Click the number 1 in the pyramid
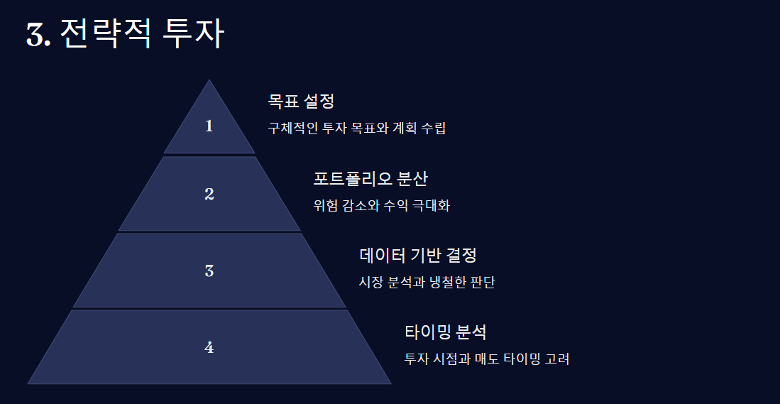pyautogui.click(x=209, y=126)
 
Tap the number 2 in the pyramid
pyautogui.click(x=209, y=194)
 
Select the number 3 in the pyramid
pyautogui.click(x=209, y=271)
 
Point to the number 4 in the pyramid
pyautogui.click(x=209, y=347)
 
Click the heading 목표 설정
pyautogui.click(x=300, y=102)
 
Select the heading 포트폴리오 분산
pyautogui.click(x=370, y=178)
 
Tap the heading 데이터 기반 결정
pyautogui.click(x=417, y=255)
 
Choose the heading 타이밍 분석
pyautogui.click(x=445, y=332)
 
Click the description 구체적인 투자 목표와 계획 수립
pyautogui.click(x=356, y=129)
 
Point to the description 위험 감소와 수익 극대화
pyautogui.click(x=381, y=206)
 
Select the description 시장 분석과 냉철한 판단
pyautogui.click(x=427, y=282)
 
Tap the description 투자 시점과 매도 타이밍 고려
pyautogui.click(x=486, y=359)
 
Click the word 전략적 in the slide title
pyautogui.click(x=105, y=33)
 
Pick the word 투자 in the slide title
pyautogui.click(x=193, y=33)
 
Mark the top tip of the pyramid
pyautogui.click(x=209, y=81)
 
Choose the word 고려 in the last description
pyautogui.click(x=557, y=359)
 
